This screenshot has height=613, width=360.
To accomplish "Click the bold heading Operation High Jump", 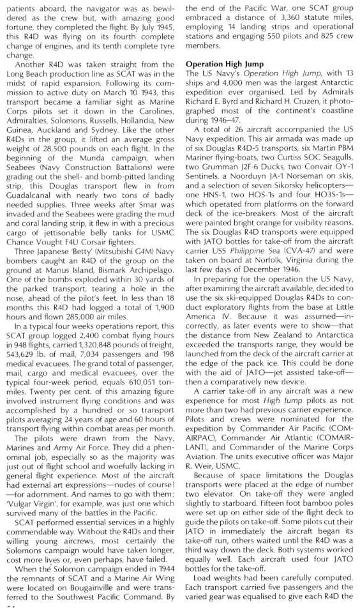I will pos(226,64).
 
